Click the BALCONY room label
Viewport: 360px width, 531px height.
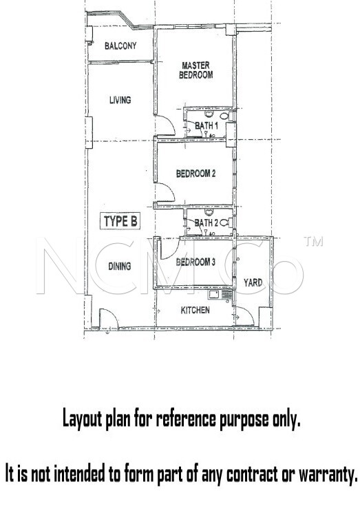(120, 45)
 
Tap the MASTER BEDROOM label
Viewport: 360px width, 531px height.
(196, 70)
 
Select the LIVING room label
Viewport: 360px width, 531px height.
(120, 100)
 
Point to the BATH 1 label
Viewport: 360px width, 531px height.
(206, 125)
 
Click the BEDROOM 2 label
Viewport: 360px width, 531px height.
(196, 174)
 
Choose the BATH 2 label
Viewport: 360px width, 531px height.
(206, 223)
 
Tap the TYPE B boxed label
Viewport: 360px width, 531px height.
(120, 222)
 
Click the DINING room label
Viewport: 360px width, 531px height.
(120, 266)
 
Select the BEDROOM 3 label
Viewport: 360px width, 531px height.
(195, 262)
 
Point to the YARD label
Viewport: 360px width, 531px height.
(253, 282)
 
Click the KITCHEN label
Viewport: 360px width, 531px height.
(195, 310)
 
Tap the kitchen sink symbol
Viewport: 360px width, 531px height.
(215, 295)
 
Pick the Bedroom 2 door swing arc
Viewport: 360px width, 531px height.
(170, 189)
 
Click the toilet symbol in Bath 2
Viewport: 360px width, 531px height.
(225, 223)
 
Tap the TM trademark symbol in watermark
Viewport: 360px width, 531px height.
(313, 241)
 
